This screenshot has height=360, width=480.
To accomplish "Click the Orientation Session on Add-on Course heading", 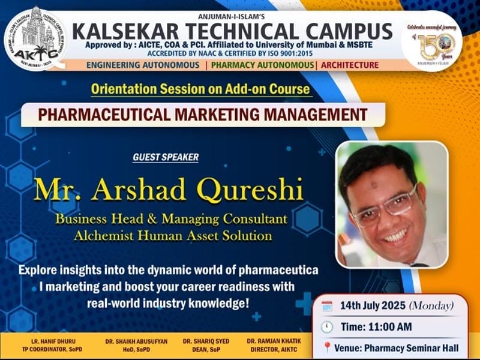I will tap(201, 89).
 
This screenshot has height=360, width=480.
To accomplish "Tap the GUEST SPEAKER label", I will tap(166, 157).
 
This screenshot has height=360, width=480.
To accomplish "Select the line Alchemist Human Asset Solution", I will tap(173, 235).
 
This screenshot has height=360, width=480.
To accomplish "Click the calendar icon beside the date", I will tap(326, 305).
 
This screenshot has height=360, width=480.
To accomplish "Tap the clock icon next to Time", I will tap(326, 327).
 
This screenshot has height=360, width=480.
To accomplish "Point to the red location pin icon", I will tap(327, 347).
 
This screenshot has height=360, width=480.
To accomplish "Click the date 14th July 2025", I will tap(373, 305).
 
